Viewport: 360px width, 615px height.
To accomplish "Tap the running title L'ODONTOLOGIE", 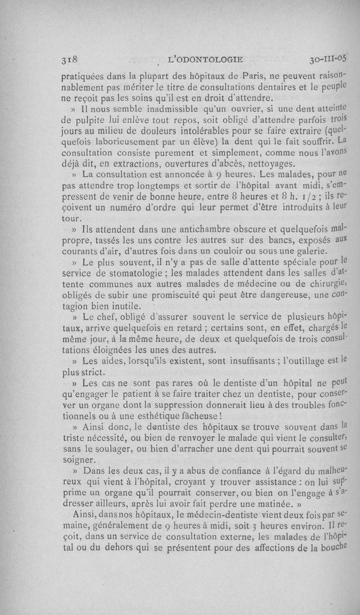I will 205,58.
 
